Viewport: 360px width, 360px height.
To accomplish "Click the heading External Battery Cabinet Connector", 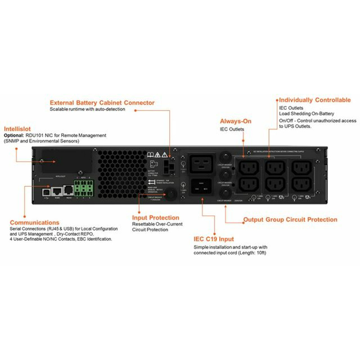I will (102, 103).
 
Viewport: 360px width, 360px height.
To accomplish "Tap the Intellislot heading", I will (18, 128).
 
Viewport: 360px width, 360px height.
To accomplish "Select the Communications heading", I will (34, 222).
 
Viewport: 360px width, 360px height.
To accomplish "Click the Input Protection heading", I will (155, 218).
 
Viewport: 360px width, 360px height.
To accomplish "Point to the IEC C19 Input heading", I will (214, 239).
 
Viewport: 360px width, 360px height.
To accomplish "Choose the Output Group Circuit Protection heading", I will (290, 220).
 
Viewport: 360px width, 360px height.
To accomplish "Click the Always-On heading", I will (235, 121).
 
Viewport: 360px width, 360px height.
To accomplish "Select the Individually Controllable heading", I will (315, 100).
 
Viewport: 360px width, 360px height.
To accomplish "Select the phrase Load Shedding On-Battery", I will (306, 114).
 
